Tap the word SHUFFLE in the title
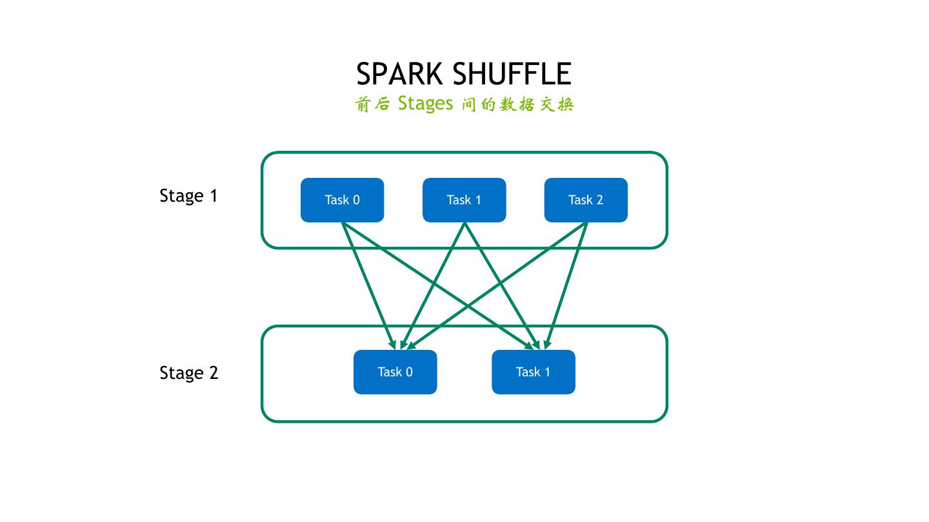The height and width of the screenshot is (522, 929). (512, 75)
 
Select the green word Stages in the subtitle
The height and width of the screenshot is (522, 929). (426, 103)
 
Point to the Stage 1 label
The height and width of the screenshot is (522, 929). (188, 196)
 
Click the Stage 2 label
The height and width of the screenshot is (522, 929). (188, 373)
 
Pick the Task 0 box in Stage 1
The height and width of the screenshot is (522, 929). (342, 200)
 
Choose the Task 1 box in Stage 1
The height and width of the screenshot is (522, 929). (464, 200)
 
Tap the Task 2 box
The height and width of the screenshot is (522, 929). (586, 200)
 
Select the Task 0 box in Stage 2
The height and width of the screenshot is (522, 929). (395, 372)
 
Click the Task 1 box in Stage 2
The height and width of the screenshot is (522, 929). (533, 372)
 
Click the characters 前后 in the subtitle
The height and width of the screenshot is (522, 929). (372, 104)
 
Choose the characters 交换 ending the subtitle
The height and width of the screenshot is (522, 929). (556, 104)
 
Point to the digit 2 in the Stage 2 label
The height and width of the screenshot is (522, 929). (214, 373)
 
